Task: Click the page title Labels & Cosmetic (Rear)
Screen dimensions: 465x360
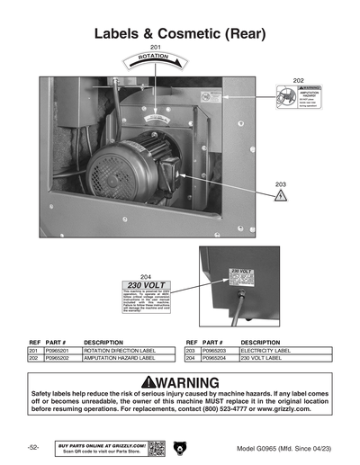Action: tap(179, 34)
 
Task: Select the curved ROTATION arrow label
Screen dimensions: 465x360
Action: tap(154, 60)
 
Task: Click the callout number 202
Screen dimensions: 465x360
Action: tap(299, 80)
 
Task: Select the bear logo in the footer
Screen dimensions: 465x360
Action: tap(179, 447)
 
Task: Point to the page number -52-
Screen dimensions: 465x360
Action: tap(32, 447)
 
